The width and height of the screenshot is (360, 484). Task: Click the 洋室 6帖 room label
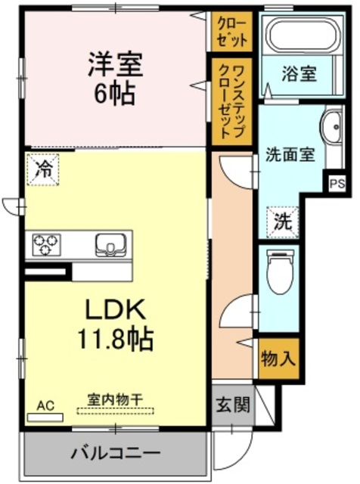click(x=115, y=78)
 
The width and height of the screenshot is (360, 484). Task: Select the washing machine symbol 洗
click(x=283, y=222)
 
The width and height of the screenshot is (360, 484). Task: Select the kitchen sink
click(x=110, y=244)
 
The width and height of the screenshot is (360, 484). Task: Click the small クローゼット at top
click(x=230, y=29)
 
